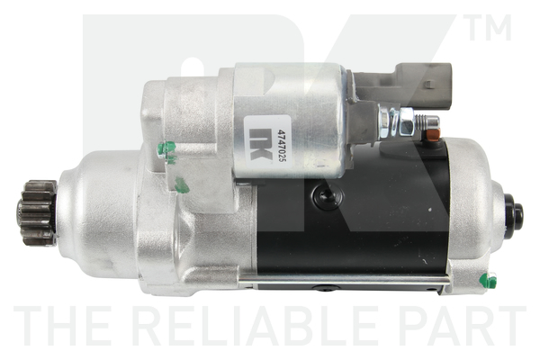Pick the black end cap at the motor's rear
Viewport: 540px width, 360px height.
coord(514,214)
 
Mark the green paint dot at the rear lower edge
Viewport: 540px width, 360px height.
coord(487,280)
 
